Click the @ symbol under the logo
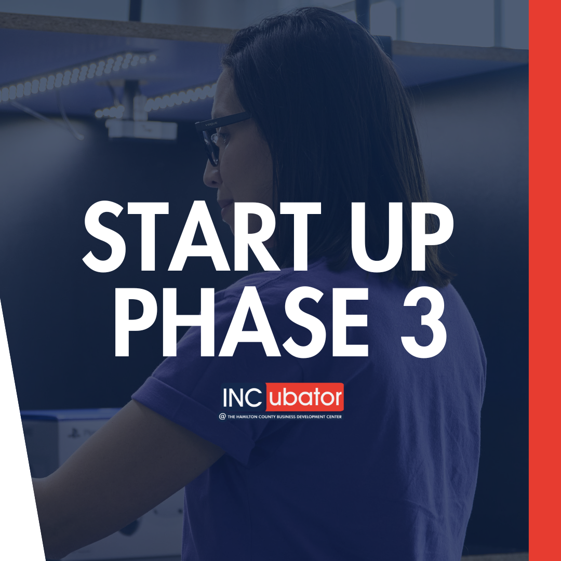click(222, 417)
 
